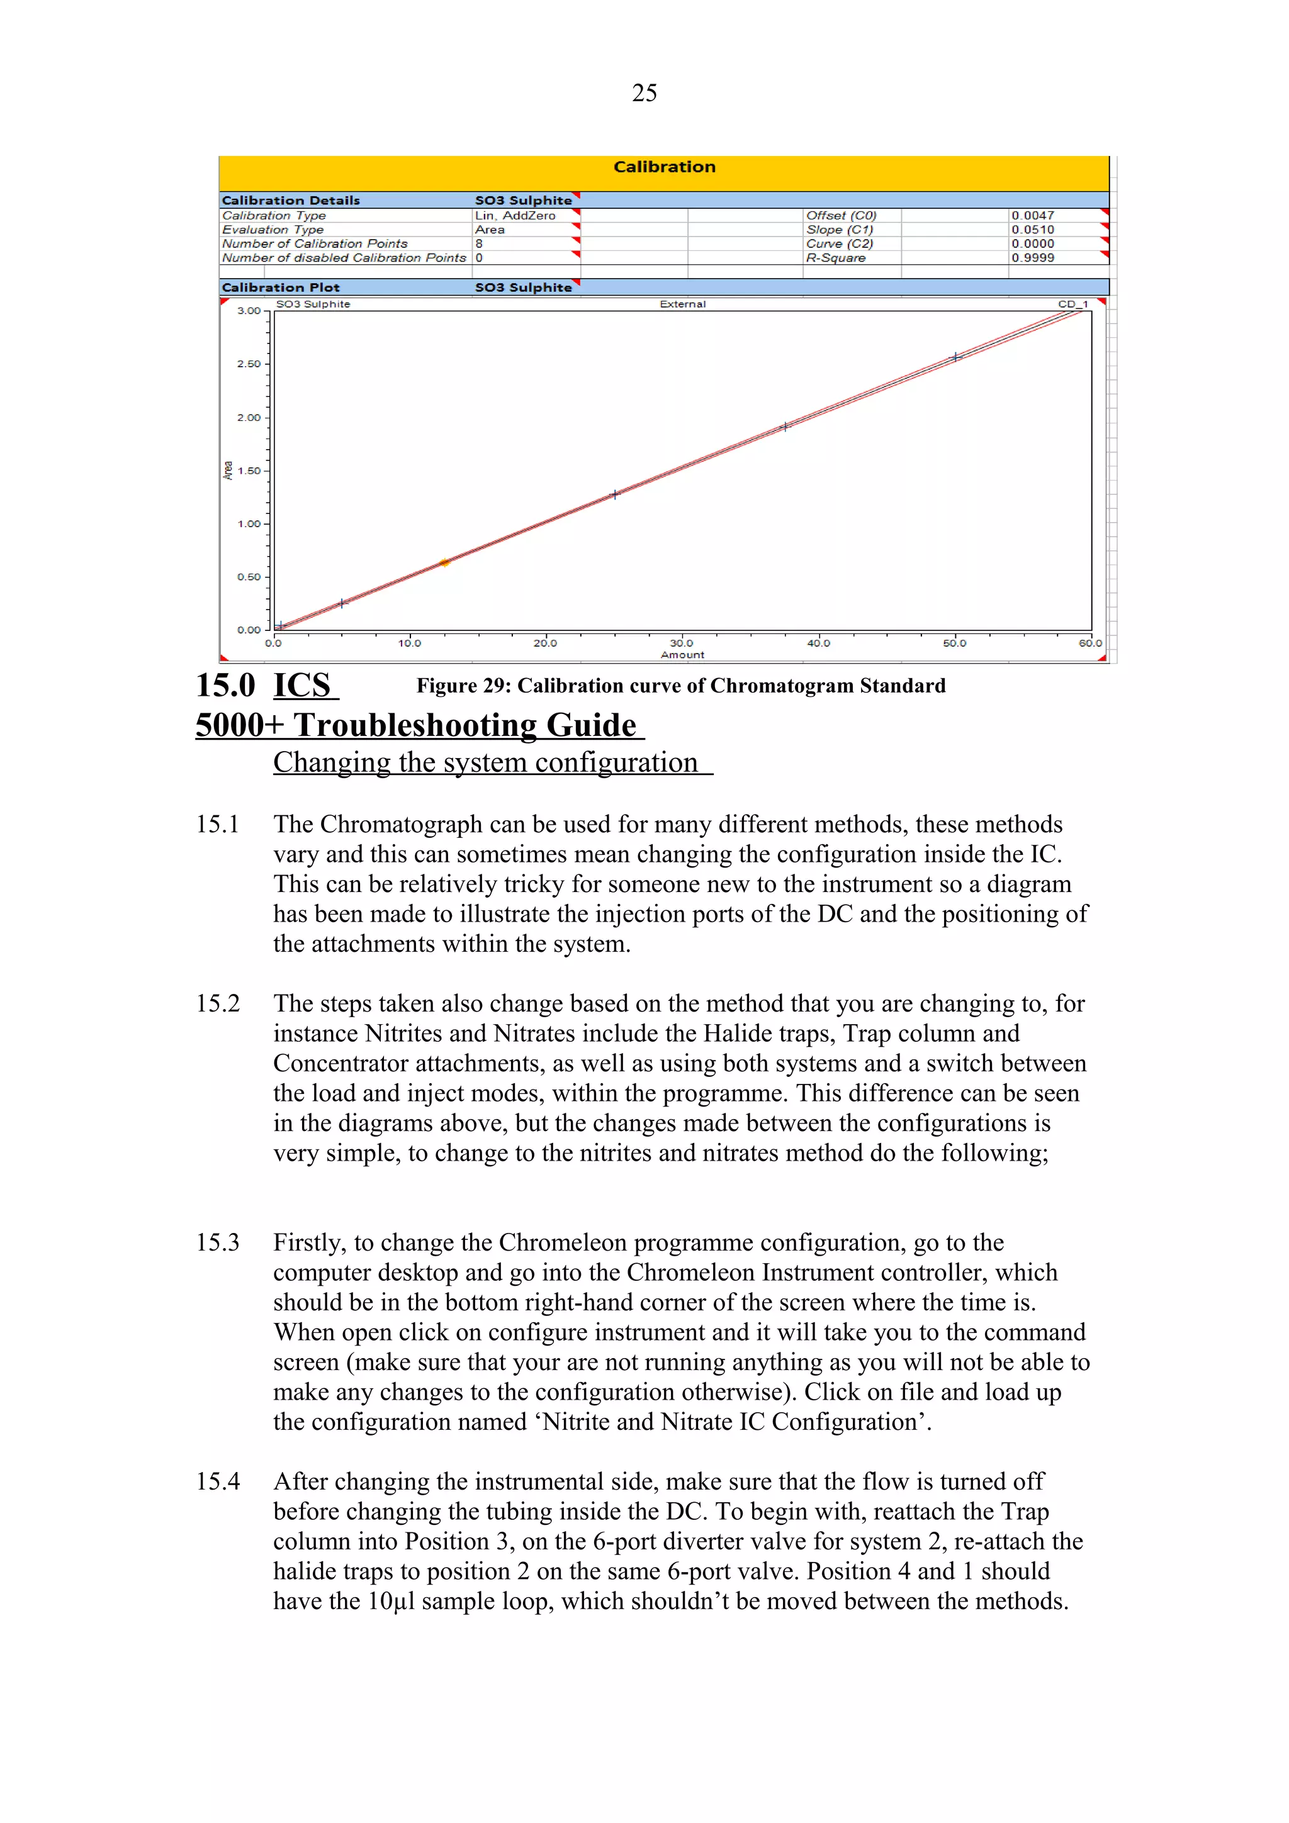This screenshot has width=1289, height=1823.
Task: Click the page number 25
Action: [x=644, y=93]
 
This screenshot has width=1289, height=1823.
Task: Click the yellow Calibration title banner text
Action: [x=664, y=167]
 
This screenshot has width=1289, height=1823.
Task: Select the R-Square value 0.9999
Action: [x=1032, y=258]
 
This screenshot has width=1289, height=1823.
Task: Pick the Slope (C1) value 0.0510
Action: [x=1032, y=230]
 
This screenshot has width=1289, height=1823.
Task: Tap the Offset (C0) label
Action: [x=840, y=215]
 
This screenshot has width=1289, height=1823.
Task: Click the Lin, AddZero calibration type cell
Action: [x=515, y=215]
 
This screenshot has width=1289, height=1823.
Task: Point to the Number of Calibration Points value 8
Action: [x=479, y=243]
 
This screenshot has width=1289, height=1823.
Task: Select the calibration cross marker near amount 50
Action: [x=956, y=357]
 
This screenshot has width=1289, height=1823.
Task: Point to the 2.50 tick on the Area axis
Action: [x=249, y=364]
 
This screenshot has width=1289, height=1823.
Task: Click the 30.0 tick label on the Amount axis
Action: [x=682, y=643]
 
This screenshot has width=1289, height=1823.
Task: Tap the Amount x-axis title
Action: [x=682, y=655]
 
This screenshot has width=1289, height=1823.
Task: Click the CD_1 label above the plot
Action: [x=1072, y=304]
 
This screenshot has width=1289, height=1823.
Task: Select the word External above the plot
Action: [x=682, y=304]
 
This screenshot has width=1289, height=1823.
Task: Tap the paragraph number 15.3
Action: [x=218, y=1242]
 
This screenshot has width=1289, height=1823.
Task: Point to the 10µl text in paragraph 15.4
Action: [x=391, y=1601]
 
